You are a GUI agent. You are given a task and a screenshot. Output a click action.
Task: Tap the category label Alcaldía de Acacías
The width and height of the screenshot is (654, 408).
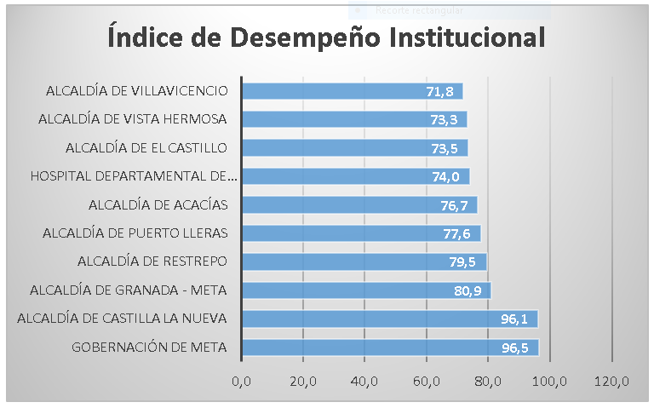point(158,204)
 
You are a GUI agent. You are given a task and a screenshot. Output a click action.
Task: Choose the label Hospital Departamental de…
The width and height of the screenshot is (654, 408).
point(134,176)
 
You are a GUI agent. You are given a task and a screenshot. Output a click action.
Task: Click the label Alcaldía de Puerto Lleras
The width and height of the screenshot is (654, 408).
point(135,233)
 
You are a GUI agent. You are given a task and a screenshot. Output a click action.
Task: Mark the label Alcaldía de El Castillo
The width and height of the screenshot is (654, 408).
point(146,148)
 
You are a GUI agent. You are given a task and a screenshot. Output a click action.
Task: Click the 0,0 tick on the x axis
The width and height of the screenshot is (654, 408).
point(242,380)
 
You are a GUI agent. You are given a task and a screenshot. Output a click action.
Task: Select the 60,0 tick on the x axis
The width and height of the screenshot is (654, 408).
point(427,380)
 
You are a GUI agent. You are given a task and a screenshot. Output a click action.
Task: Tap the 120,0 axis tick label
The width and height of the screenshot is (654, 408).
point(612,380)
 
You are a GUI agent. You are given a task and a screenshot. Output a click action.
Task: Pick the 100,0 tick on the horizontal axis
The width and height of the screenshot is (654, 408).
point(550,380)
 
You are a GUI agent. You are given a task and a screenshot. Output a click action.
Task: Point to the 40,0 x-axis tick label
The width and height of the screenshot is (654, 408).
point(365,380)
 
